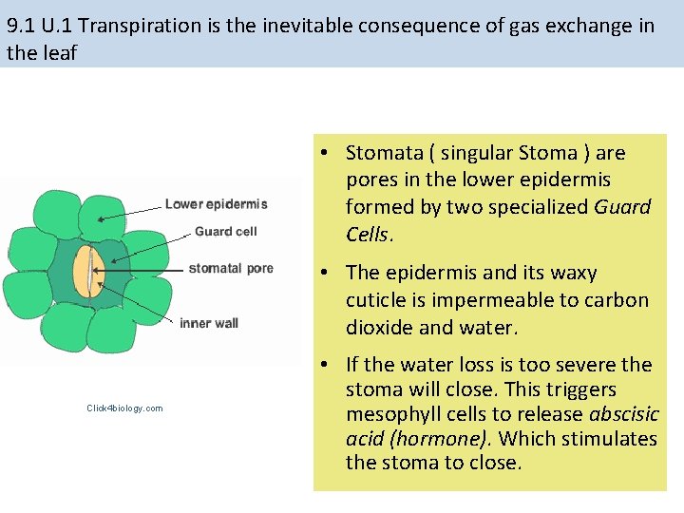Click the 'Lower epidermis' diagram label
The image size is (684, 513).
[216, 203]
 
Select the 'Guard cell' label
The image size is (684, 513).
[225, 231]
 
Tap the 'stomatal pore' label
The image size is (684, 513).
[230, 268]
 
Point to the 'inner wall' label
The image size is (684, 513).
[208, 323]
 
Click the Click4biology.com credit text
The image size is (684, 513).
[124, 408]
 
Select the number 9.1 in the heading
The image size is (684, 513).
[22, 26]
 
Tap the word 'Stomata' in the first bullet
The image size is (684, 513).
[382, 153]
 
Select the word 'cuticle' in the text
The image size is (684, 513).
[377, 300]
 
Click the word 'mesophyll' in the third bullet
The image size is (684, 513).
[389, 415]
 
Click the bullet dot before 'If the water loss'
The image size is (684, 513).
[325, 365]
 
